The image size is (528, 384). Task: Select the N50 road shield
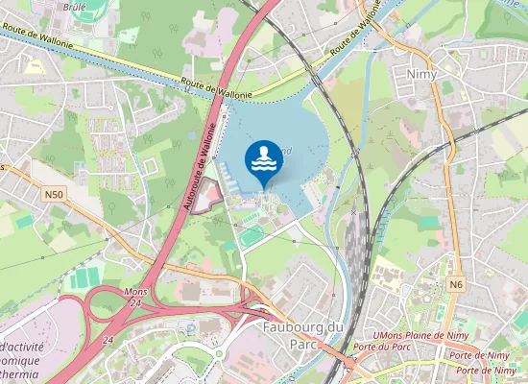click(x=56, y=194)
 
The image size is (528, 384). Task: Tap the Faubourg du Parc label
click(x=302, y=336)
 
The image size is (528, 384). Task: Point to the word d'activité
click(x=29, y=346)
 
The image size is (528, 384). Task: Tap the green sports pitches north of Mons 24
click(x=85, y=277)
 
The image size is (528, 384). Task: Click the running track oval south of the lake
click(x=251, y=235)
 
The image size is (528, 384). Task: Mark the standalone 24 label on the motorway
click(x=109, y=340)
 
